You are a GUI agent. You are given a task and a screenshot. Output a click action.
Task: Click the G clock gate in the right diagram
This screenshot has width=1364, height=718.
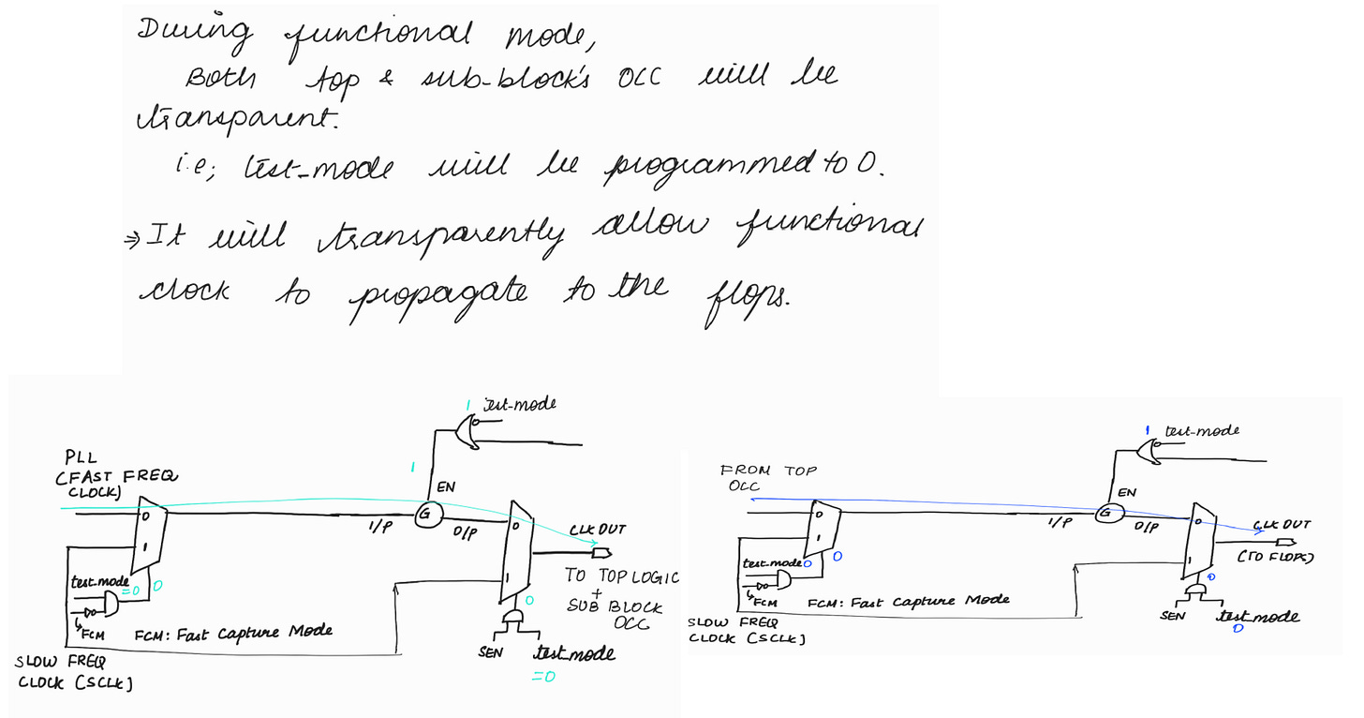point(1106,514)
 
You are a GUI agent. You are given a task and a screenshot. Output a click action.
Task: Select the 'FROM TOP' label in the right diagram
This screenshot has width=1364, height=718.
point(767,471)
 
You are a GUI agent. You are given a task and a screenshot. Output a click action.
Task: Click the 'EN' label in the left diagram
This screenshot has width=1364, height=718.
point(446,487)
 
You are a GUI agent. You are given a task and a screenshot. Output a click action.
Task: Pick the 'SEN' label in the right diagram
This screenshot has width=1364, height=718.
point(1173,615)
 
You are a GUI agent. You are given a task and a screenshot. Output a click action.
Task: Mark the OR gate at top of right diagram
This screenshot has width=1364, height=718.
point(1145,453)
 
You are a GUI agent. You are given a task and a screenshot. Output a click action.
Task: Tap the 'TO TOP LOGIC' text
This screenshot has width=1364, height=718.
point(621,576)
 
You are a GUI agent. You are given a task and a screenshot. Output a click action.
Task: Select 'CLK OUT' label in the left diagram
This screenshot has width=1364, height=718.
point(597,530)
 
